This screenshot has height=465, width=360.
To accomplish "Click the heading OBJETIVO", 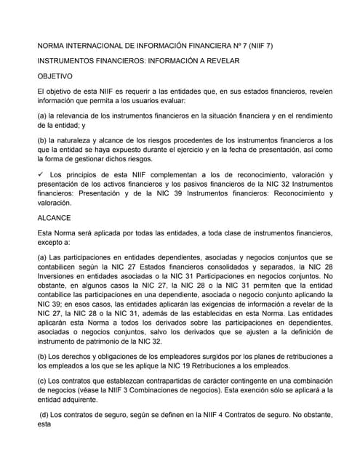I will click(55, 76).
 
